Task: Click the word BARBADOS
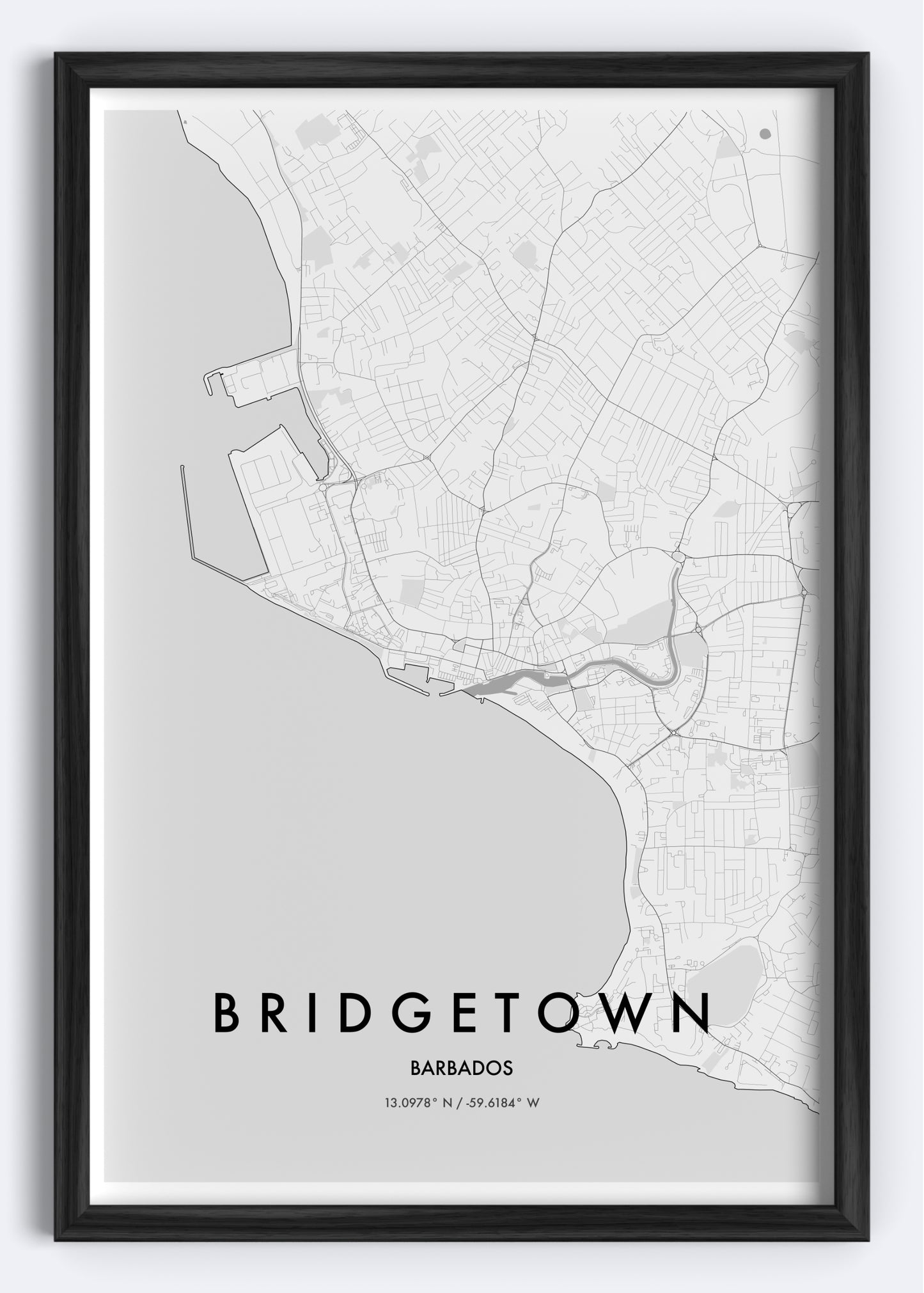pyautogui.click(x=462, y=1069)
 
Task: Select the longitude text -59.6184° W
pyautogui.click(x=498, y=1103)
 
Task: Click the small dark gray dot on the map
pyautogui.click(x=765, y=134)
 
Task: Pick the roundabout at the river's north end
pyautogui.click(x=678, y=558)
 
